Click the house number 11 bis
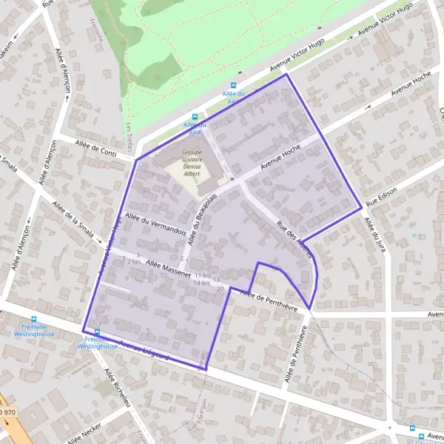(x=202, y=275)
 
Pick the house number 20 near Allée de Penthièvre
(x=221, y=288)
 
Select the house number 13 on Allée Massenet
(x=217, y=280)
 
